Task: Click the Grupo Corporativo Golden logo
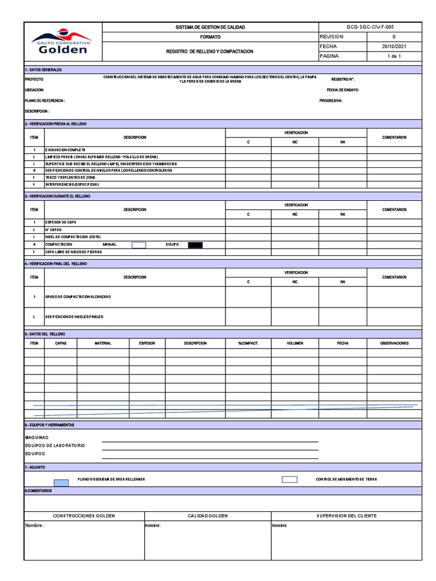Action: (x=62, y=43)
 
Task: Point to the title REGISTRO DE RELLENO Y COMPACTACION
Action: (x=209, y=51)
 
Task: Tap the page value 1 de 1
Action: (x=393, y=56)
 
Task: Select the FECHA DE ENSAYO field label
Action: (x=342, y=90)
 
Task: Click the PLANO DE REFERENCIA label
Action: (x=45, y=100)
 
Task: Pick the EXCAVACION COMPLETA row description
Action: (x=65, y=149)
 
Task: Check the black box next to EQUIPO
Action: (x=195, y=245)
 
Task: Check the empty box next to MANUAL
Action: (x=139, y=245)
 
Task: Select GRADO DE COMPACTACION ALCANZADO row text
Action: (x=78, y=297)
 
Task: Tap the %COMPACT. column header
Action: (x=248, y=343)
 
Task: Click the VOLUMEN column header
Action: (x=295, y=343)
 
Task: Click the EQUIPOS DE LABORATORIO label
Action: (x=55, y=446)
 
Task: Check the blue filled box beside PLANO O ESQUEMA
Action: (x=61, y=483)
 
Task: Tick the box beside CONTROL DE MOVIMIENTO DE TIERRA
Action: (x=290, y=479)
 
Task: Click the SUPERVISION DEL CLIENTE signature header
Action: (x=346, y=516)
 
